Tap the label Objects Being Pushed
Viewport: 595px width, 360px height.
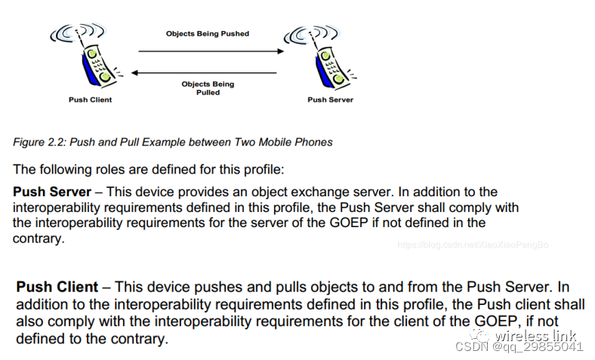(208, 34)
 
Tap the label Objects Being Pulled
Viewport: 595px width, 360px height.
(208, 88)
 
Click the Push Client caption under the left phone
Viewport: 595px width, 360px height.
(90, 100)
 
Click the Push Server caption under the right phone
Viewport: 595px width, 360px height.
(330, 100)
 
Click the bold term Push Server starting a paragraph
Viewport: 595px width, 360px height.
(52, 192)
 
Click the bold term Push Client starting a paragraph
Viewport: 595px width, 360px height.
(57, 288)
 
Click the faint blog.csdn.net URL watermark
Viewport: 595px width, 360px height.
(473, 245)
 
